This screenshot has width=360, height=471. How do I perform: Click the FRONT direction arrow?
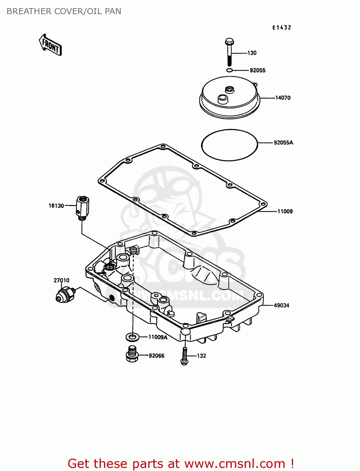pyautogui.click(x=50, y=45)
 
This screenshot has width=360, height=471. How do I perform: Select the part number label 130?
pyautogui.click(x=252, y=53)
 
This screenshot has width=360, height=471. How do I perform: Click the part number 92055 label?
pyautogui.click(x=257, y=71)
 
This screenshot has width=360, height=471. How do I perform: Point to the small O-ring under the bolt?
pyautogui.click(x=230, y=70)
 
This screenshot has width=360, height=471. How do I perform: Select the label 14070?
pyautogui.click(x=283, y=98)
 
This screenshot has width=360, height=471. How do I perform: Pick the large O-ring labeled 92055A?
pyautogui.click(x=229, y=145)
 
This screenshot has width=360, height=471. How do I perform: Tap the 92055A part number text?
pyautogui.click(x=283, y=143)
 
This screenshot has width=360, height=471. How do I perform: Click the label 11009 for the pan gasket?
pyautogui.click(x=285, y=212)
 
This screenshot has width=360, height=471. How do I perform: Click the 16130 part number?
pyautogui.click(x=56, y=206)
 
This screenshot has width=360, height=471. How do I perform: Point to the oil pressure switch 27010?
pyautogui.click(x=65, y=295)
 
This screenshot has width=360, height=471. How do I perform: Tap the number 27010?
pyautogui.click(x=61, y=280)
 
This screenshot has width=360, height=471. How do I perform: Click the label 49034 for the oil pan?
pyautogui.click(x=281, y=306)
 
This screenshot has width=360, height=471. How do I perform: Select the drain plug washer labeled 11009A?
pyautogui.click(x=133, y=337)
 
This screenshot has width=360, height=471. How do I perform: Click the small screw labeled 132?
pyautogui.click(x=185, y=356)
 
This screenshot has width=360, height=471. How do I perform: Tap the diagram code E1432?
pyautogui.click(x=281, y=28)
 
